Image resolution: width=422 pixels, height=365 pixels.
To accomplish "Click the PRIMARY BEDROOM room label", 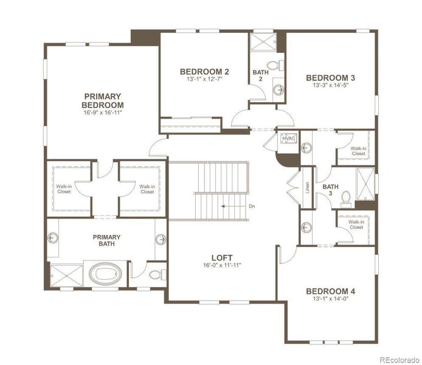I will pos(103,100).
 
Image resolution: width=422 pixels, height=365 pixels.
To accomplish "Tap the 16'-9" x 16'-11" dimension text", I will pos(103,113).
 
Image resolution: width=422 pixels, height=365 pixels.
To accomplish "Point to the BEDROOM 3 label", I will pos(330,77).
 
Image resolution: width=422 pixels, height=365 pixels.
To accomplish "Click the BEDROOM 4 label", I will pos(330,291).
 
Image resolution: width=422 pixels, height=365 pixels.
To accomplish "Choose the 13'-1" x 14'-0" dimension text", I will pos(330,299).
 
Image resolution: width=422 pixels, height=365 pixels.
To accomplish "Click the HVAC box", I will pos(287,139).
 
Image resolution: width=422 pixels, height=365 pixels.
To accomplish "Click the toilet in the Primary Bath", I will pos(156,273).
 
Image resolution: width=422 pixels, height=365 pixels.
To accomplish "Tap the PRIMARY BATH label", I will pos(106,241).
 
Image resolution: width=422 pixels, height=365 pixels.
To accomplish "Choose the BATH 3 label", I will pos(331,190).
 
